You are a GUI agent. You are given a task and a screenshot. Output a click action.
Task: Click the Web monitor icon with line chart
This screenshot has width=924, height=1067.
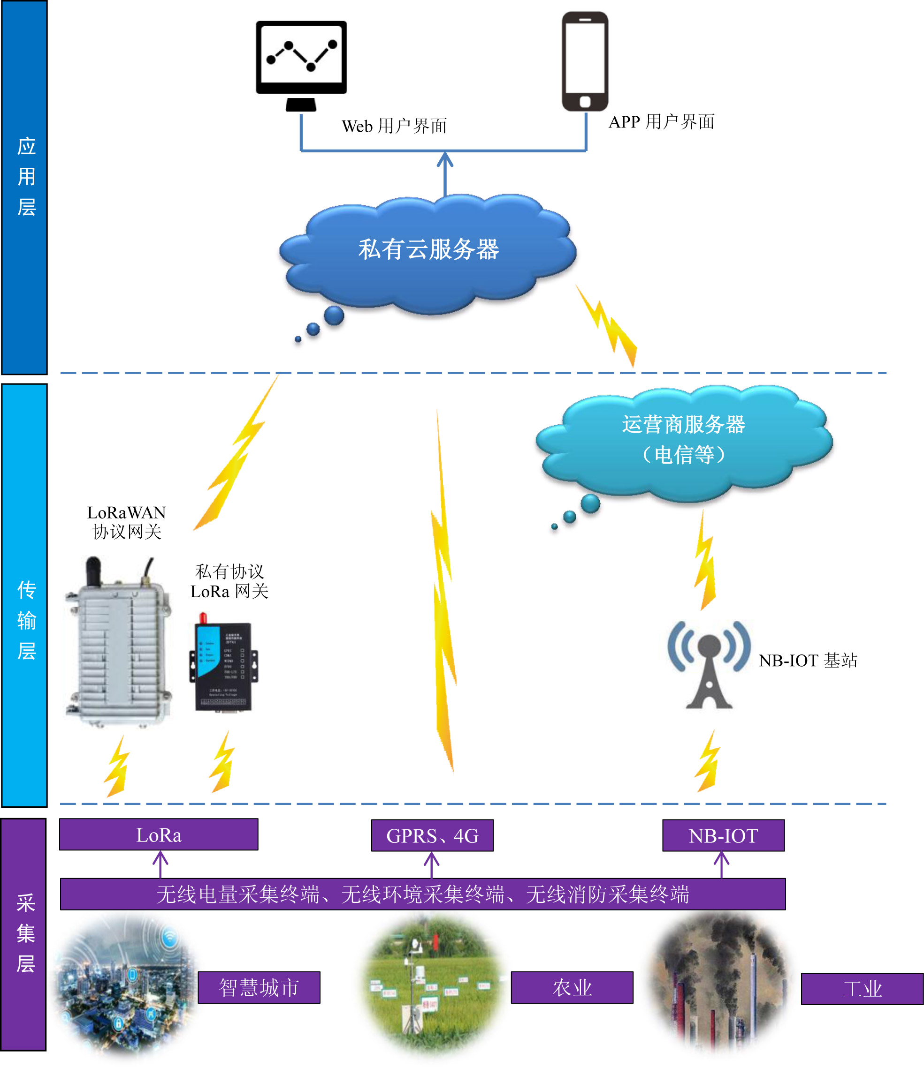[301, 64]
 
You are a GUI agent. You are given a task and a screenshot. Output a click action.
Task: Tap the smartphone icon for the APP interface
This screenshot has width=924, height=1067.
[585, 61]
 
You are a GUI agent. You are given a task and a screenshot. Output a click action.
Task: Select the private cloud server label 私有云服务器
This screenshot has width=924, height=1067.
[428, 250]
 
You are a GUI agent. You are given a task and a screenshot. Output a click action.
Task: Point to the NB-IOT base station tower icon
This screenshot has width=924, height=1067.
[709, 665]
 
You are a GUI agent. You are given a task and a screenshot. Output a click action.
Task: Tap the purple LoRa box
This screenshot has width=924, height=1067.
[159, 835]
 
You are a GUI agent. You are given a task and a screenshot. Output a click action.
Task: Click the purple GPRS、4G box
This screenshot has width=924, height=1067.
[432, 836]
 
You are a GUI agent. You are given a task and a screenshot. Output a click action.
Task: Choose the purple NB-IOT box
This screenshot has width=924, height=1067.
[723, 836]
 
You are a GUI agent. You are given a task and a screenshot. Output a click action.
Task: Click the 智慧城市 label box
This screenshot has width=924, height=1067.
[259, 988]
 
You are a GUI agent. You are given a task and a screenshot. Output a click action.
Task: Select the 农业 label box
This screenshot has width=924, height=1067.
[572, 988]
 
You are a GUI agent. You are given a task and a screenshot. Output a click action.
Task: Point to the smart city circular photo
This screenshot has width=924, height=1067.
[126, 987]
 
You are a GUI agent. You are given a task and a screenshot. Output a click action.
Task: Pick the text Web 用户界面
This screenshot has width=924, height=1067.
[395, 126]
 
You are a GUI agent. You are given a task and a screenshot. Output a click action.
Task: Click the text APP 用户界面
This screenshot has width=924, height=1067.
[662, 122]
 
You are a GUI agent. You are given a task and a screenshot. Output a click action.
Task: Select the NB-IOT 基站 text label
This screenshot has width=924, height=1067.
[808, 661]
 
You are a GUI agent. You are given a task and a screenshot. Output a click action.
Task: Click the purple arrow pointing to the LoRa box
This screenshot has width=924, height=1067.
[160, 864]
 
